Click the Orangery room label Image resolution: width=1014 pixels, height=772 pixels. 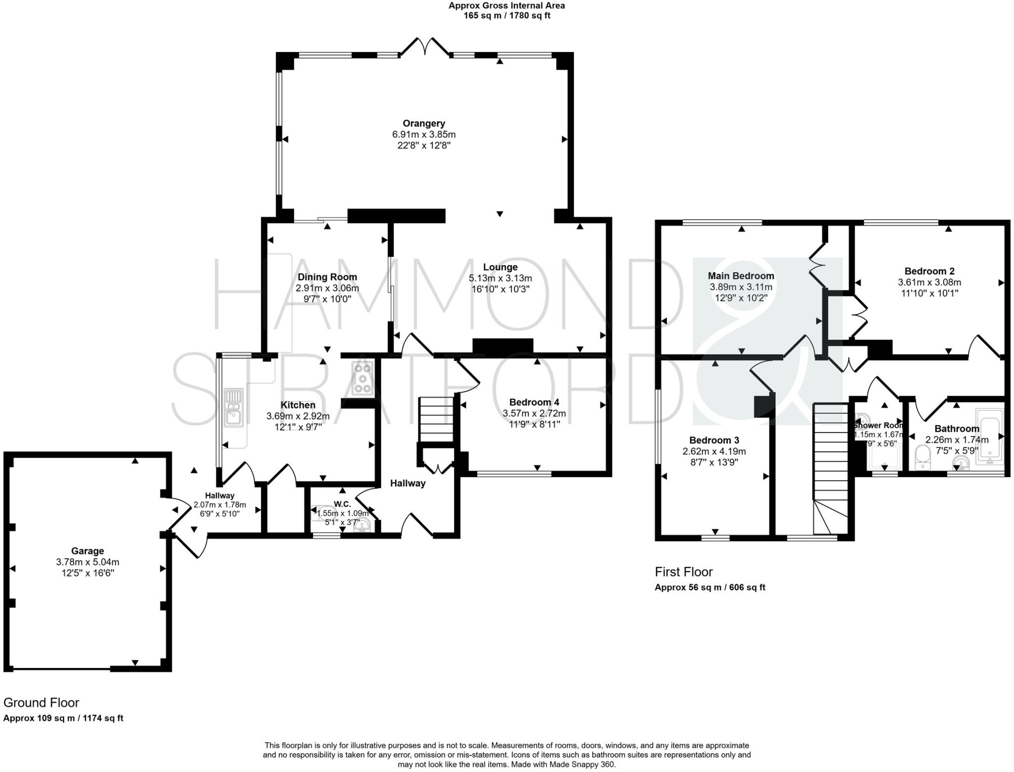[423, 123]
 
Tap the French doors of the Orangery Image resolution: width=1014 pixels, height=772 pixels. [425, 47]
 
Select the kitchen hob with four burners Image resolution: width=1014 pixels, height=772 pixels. [362, 379]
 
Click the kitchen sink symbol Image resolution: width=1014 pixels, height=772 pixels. [233, 409]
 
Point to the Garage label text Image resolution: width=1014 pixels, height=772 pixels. [88, 551]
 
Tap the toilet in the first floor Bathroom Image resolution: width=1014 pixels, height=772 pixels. [922, 457]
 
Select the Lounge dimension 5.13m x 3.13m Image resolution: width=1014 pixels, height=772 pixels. [500, 278]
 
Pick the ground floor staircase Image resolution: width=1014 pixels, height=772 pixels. [436, 419]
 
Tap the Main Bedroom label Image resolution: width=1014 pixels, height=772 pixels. [741, 276]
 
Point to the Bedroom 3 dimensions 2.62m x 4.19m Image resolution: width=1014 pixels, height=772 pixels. [714, 451]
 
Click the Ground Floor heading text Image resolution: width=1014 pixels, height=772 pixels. [41, 702]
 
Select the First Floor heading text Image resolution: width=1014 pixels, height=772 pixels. [683, 572]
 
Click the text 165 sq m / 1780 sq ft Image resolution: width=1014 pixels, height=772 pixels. [507, 16]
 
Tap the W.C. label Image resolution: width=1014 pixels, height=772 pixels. [342, 504]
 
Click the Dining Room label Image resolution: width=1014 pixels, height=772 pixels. [327, 277]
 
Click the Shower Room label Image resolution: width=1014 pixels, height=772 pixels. [878, 425]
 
